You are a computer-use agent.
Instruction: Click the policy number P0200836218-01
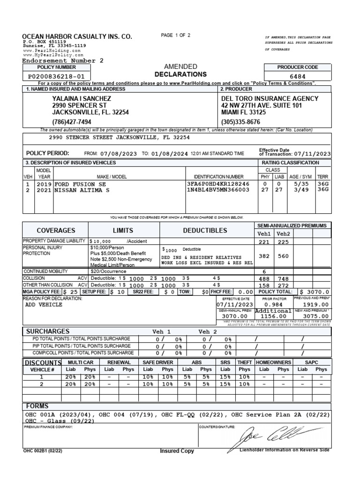tap(56, 76)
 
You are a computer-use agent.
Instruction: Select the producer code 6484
tap(298, 76)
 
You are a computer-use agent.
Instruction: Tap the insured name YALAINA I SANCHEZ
tap(82, 98)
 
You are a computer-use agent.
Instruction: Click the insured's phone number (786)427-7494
tap(72, 121)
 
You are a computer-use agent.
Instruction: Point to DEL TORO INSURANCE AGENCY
tap(270, 98)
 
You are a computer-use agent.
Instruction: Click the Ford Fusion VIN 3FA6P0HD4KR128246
tap(218, 184)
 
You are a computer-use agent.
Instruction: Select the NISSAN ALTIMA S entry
tap(82, 190)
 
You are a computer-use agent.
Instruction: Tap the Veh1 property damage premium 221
tap(265, 242)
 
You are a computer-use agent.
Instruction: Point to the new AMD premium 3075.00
tap(313, 316)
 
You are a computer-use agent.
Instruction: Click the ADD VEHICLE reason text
tap(43, 304)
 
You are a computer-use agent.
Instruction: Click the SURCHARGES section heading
tap(47, 331)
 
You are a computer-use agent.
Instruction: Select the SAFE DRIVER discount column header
tap(157, 362)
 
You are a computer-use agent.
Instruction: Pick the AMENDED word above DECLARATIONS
tap(180, 67)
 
